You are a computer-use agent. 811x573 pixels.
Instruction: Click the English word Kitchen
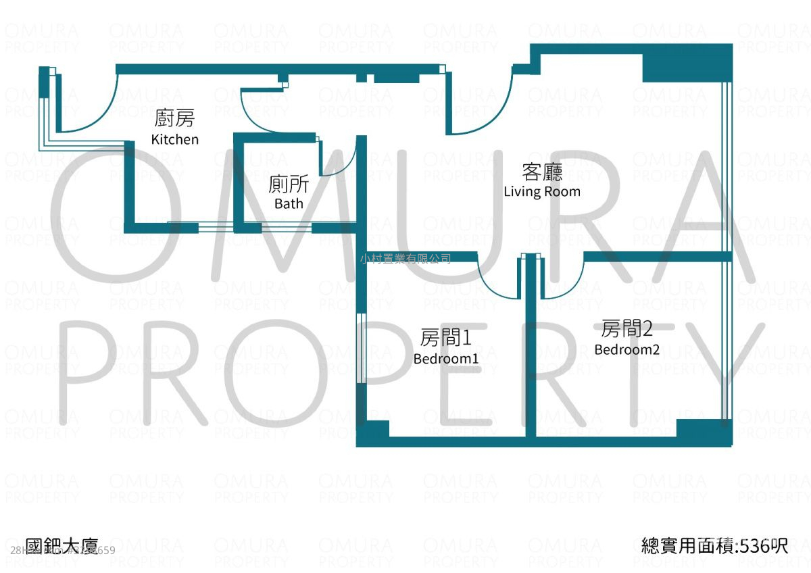coord(175,139)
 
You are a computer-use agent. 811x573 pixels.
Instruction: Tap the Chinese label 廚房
coord(175,120)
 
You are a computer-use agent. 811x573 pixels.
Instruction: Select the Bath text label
coord(289,203)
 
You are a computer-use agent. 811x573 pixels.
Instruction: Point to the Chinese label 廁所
coord(289,184)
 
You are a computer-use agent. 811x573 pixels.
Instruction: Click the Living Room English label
coord(542,191)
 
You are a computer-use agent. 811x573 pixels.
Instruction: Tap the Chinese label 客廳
coord(542,172)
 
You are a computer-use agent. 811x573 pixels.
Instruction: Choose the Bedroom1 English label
coord(446,358)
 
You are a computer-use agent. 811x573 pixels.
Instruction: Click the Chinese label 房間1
coord(445,337)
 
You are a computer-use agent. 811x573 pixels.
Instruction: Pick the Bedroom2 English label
coord(627,349)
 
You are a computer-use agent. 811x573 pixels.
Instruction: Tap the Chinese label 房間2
coord(627,329)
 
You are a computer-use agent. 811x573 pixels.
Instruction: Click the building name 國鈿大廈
coord(62,545)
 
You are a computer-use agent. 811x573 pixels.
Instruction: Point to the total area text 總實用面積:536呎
coord(714,545)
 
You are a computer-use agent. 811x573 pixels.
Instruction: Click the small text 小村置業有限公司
coord(405,257)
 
